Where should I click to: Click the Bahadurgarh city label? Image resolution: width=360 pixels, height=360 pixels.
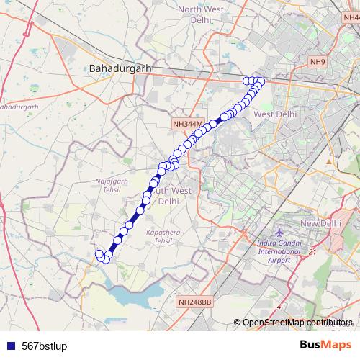pos(120,68)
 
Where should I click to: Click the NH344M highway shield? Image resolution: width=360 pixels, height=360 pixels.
pos(189,124)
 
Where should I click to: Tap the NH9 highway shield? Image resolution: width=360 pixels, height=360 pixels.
pos(318,63)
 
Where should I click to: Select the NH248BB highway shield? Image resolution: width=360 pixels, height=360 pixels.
pos(194,302)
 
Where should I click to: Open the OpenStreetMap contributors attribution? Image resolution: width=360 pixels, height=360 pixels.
pos(299,322)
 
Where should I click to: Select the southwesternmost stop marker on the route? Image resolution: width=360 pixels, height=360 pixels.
pos(99,253)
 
